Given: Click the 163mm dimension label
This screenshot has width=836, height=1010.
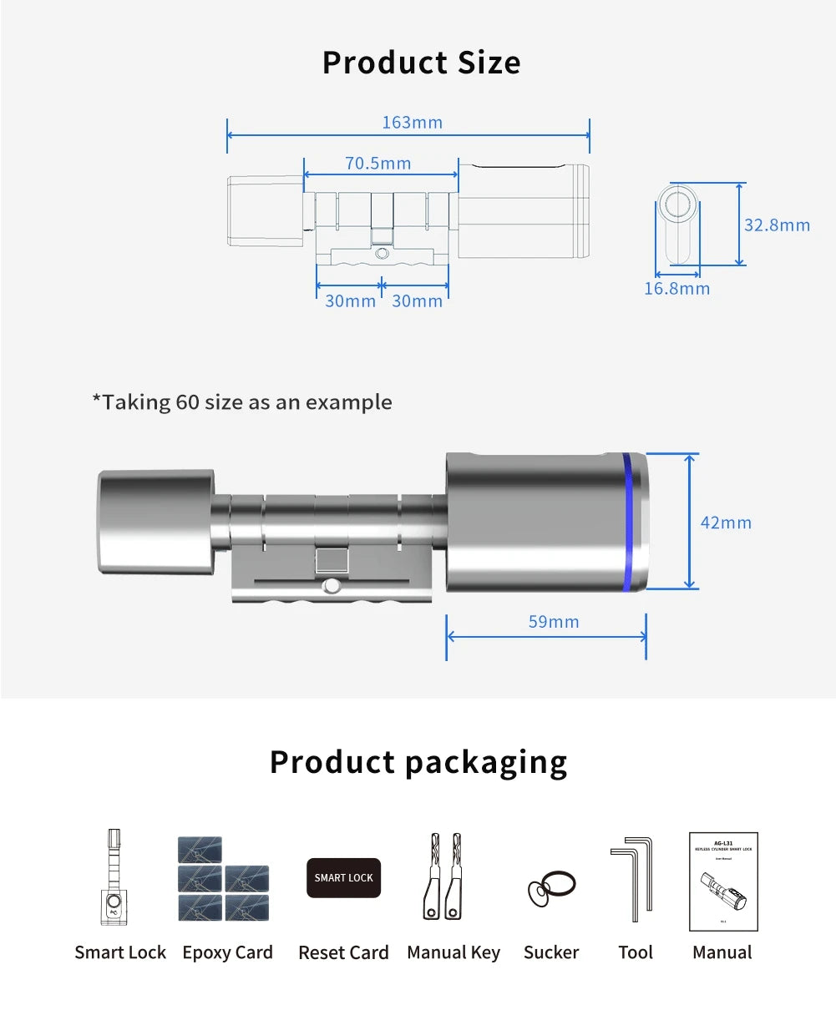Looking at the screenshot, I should [x=412, y=123].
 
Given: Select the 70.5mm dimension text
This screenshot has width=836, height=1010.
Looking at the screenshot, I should [x=378, y=164].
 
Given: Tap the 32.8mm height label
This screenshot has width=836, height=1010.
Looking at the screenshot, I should [x=777, y=225].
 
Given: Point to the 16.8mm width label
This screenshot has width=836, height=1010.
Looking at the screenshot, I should [x=676, y=289].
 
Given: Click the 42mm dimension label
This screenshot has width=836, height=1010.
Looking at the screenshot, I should [x=726, y=523].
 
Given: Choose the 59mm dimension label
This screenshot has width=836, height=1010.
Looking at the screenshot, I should [x=554, y=622].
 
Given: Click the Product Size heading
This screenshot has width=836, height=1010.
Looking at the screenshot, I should [x=421, y=63].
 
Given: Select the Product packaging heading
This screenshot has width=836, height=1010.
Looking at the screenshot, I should [x=418, y=762].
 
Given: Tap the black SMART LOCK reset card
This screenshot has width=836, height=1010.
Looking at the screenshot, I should [x=343, y=878].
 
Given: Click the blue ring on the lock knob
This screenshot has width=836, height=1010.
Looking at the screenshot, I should [x=628, y=523].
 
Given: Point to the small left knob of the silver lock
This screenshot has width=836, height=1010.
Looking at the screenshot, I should [x=155, y=521].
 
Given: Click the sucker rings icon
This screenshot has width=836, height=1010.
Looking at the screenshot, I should [x=551, y=889].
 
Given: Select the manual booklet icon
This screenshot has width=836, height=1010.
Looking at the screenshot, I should [x=723, y=881].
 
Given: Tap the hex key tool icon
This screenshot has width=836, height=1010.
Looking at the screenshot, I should [x=632, y=879].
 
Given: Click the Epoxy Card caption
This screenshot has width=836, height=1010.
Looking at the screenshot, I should [x=227, y=952].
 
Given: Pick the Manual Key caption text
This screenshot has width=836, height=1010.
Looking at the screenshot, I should [x=453, y=952].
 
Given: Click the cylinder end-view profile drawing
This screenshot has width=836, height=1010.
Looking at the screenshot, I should [x=677, y=226].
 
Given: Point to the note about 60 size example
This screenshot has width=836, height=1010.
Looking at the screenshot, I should [x=241, y=402].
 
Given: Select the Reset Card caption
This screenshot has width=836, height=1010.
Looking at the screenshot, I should [x=343, y=952].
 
